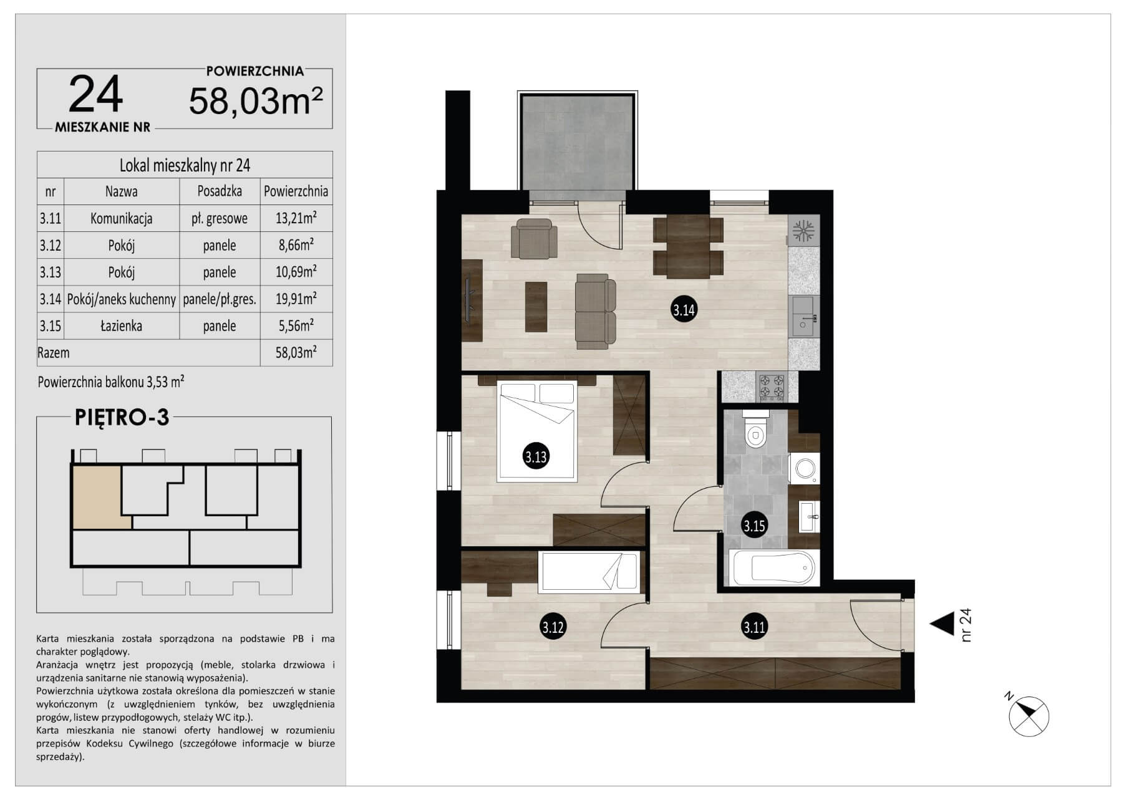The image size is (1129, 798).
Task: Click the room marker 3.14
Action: (684, 309)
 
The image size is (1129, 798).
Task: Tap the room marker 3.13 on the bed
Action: (535, 457)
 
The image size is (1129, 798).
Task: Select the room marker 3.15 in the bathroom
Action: (754, 526)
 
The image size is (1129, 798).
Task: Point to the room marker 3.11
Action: (754, 627)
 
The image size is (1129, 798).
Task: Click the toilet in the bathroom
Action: (756, 430)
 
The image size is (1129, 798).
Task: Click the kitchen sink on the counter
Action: (803, 316)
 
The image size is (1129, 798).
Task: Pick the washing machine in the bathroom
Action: (804, 468)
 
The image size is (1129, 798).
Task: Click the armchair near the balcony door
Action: (534, 238)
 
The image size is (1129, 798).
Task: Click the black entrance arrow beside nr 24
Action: (942, 623)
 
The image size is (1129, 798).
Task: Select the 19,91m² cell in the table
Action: (296, 299)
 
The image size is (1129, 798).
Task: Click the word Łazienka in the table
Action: (121, 325)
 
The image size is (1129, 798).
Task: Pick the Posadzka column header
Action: (220, 191)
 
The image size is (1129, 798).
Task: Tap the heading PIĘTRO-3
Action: (122, 417)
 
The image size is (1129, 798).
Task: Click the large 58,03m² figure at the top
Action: (256, 100)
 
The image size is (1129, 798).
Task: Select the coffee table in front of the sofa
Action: (536, 307)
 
